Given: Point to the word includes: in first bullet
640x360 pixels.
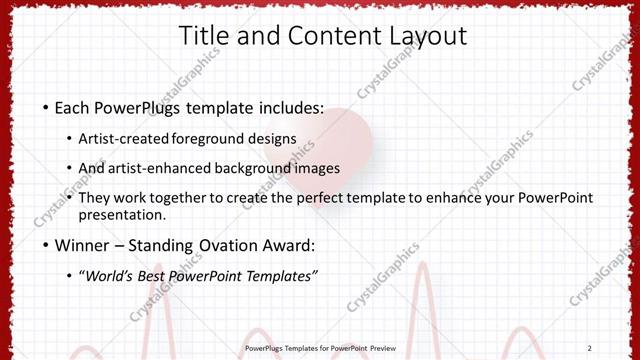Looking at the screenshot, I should [x=288, y=106].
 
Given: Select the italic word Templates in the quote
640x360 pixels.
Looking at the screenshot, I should [x=279, y=276].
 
